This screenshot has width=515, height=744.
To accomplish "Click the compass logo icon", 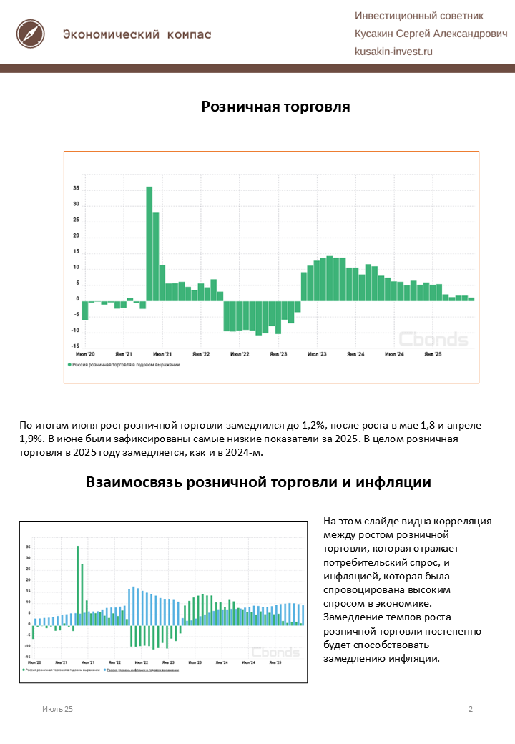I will [31, 33].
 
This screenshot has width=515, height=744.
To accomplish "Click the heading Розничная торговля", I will [275, 107].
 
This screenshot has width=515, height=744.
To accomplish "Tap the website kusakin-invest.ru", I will [394, 52].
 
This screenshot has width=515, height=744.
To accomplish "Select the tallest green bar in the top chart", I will [149, 243].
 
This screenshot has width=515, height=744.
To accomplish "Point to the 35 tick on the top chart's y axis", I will [76, 189].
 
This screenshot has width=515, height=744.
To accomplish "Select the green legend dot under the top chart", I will [69, 365].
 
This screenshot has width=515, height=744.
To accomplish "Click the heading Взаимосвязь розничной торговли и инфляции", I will [258, 482].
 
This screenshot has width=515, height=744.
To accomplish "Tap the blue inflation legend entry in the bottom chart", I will [143, 670].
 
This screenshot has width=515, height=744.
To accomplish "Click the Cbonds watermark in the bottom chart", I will [275, 652].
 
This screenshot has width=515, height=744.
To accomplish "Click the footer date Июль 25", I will [57, 709].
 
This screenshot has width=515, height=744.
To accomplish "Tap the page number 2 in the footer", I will [471, 709].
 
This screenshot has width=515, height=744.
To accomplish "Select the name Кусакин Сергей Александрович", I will [431, 34].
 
